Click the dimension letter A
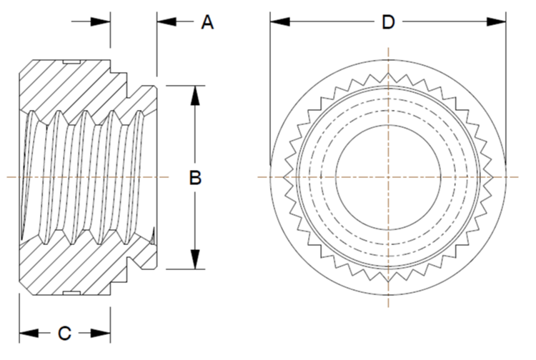tap(207, 23)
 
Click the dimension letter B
tap(195, 178)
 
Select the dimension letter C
tap(64, 333)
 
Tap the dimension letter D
tap(388, 23)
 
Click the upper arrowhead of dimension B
tap(195, 95)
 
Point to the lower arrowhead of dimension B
tap(195, 259)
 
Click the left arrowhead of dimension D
tap(279, 22)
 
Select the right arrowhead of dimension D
tap(497, 22)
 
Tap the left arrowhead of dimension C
tap(29, 333)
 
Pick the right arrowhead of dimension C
tap(101, 333)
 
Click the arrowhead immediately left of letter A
tap(167, 22)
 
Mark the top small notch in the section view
tap(71, 62)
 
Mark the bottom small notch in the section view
tap(71, 294)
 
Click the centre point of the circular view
tap(388, 177)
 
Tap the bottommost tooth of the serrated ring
tap(388, 279)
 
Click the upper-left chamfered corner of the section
tap(26, 66)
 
